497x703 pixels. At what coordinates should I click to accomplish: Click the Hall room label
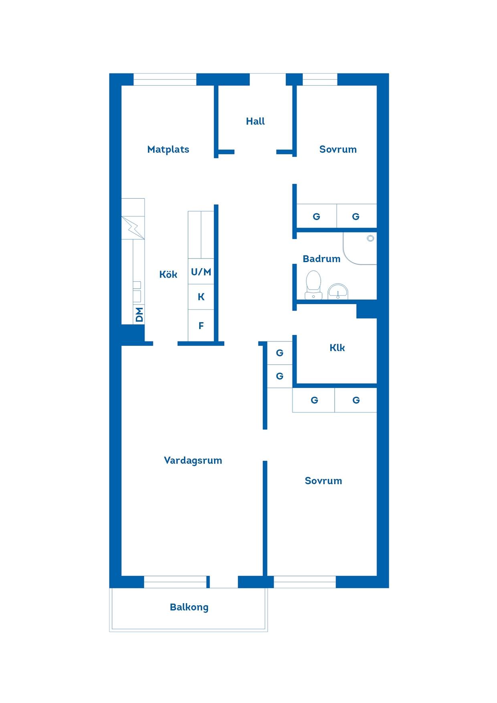pyautogui.click(x=255, y=121)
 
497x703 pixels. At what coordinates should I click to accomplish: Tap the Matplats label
pyautogui.click(x=168, y=149)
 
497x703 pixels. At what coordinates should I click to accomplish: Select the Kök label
pyautogui.click(x=168, y=274)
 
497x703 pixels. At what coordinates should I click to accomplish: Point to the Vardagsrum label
pyautogui.click(x=193, y=461)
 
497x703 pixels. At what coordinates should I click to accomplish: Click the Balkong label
pyautogui.click(x=189, y=607)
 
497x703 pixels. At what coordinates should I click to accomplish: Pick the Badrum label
pyautogui.click(x=321, y=259)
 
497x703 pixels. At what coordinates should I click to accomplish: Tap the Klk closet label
pyautogui.click(x=337, y=347)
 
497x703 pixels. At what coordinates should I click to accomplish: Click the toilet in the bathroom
pyautogui.click(x=313, y=285)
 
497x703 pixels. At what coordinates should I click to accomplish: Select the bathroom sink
pyautogui.click(x=338, y=291)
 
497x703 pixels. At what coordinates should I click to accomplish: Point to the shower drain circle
pyautogui.click(x=370, y=238)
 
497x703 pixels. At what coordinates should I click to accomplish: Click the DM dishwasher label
pyautogui.click(x=139, y=315)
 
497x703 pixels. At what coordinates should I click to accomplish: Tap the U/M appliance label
pyautogui.click(x=201, y=272)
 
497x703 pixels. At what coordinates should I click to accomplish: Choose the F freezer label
pyautogui.click(x=201, y=326)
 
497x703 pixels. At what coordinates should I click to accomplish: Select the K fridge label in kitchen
pyautogui.click(x=201, y=297)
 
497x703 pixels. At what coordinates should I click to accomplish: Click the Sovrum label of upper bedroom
pyautogui.click(x=338, y=149)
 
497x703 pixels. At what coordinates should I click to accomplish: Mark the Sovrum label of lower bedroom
pyautogui.click(x=323, y=481)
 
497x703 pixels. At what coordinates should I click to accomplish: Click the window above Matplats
pyautogui.click(x=165, y=79)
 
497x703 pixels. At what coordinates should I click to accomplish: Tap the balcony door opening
pyautogui.click(x=224, y=582)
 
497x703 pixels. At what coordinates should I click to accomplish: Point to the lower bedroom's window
pyautogui.click(x=305, y=582)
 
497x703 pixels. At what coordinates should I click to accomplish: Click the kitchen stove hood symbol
pyautogui.click(x=133, y=228)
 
